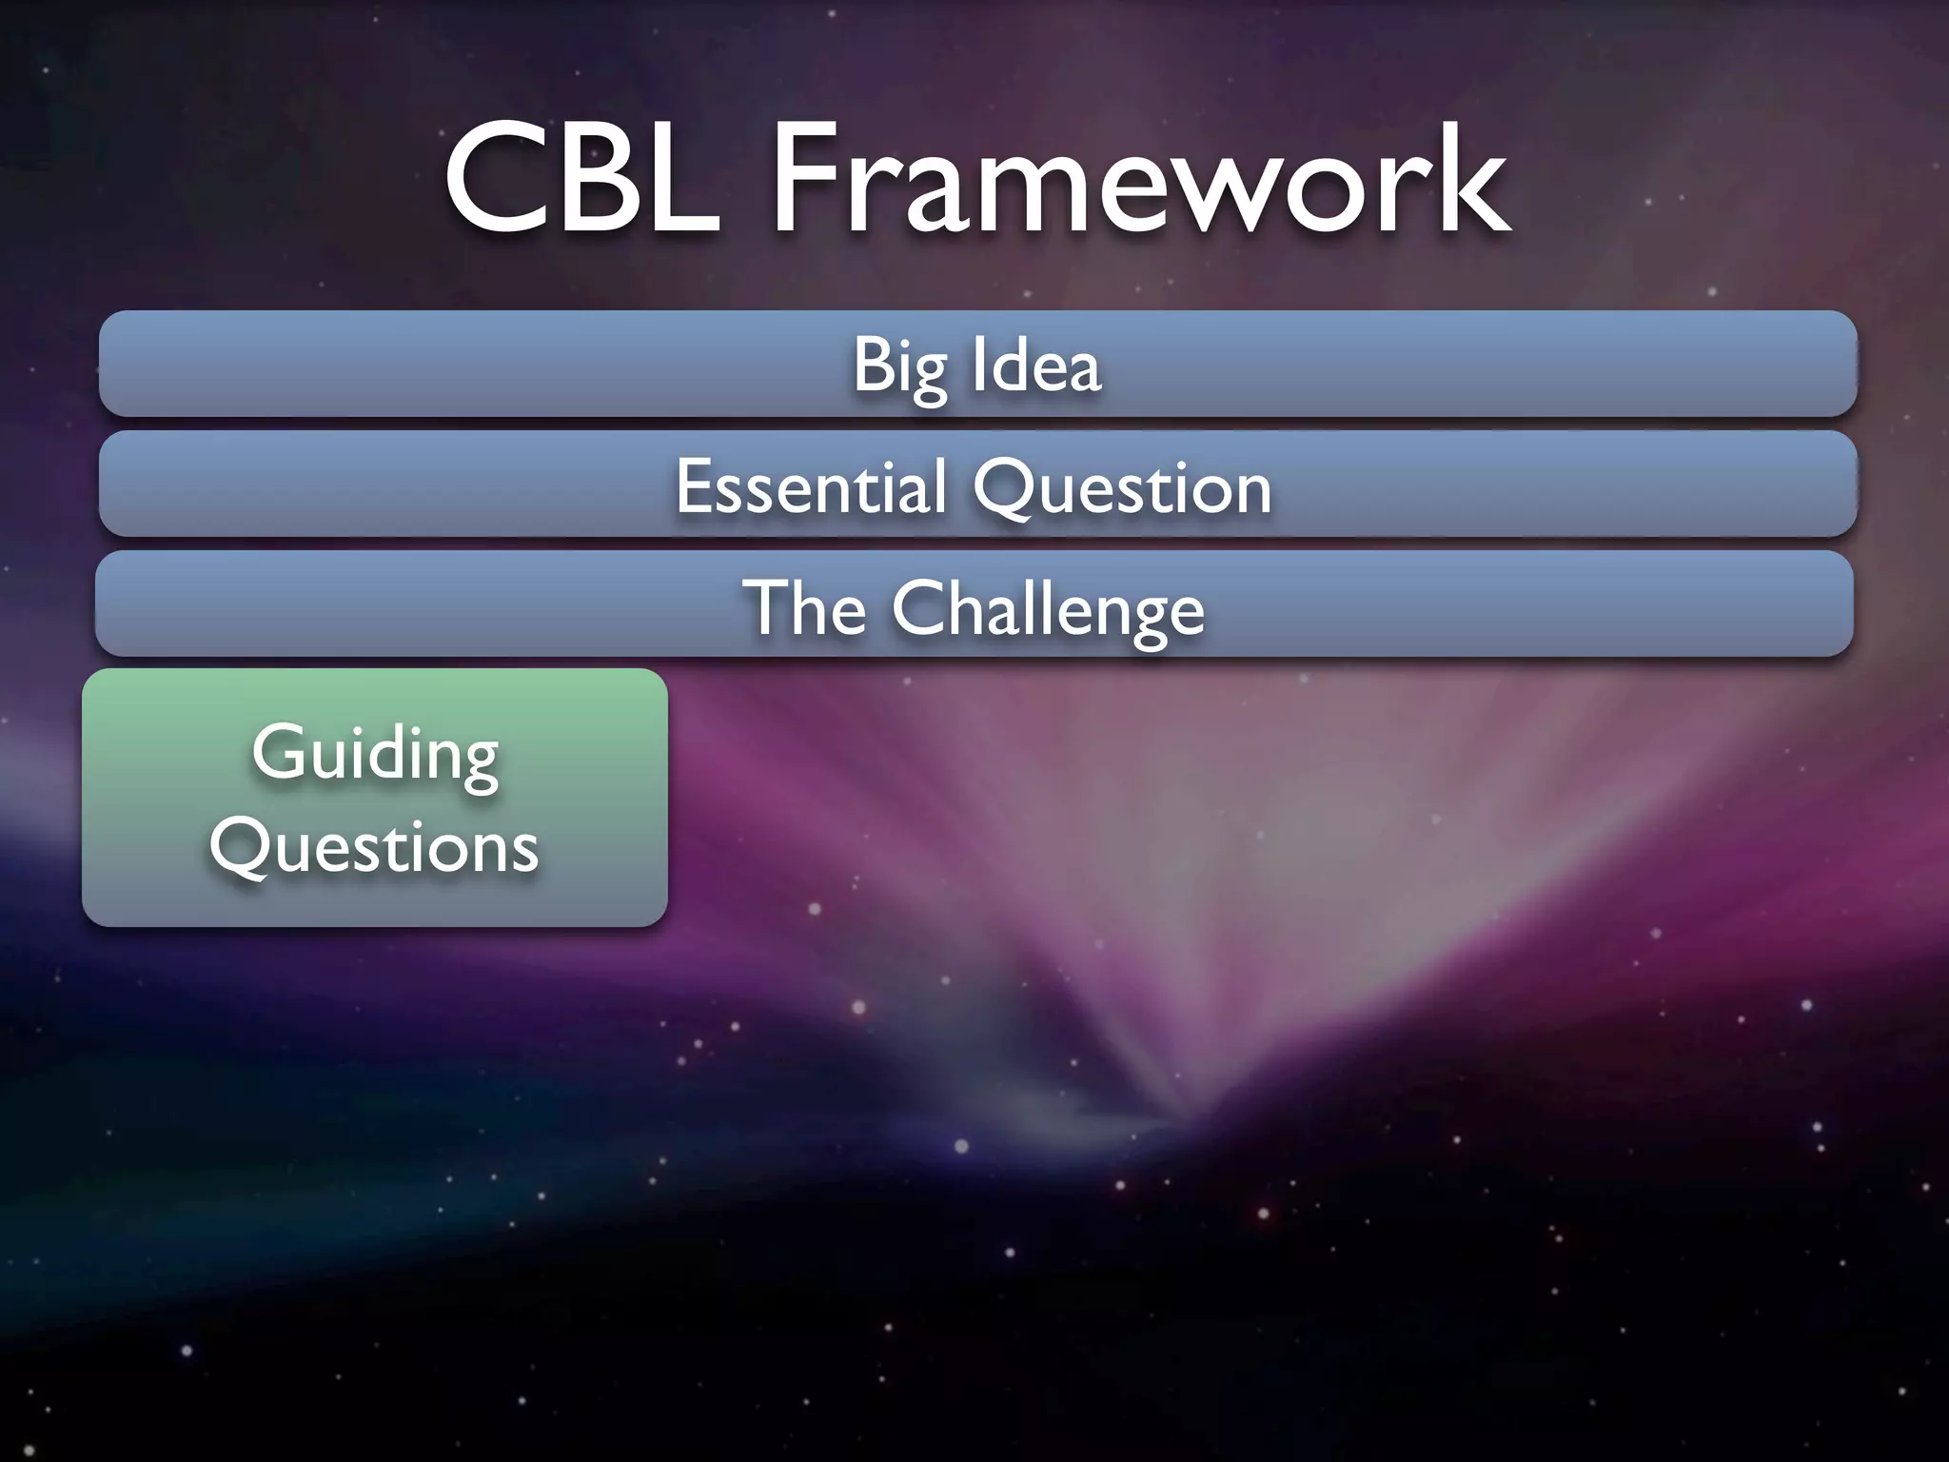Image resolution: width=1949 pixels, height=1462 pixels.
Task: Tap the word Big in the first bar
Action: click(899, 366)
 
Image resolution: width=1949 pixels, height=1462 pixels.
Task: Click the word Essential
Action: click(811, 486)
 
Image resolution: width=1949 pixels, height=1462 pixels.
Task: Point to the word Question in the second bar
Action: click(1122, 488)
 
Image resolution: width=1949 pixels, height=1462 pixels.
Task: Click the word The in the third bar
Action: click(804, 607)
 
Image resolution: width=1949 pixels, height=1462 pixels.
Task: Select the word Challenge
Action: click(1048, 609)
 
